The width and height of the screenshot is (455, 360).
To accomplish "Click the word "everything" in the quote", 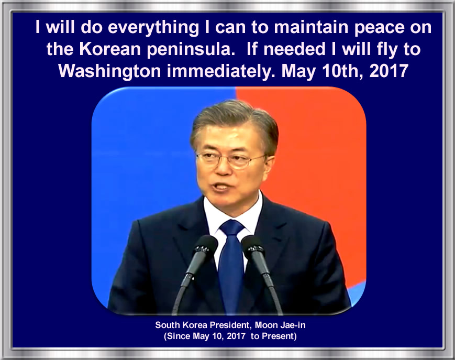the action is (153, 28).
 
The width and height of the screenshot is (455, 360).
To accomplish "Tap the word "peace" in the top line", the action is (379, 28).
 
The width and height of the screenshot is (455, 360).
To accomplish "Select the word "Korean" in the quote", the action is (110, 49).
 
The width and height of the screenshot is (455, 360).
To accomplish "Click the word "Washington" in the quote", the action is (109, 71).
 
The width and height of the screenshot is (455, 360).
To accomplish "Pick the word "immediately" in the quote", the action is (221, 71).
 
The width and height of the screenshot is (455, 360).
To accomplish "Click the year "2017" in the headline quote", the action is (389, 71).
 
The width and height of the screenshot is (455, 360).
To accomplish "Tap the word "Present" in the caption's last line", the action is (279, 336).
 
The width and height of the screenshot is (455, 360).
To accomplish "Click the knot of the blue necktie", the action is (231, 227).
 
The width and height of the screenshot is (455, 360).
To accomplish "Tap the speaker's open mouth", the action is (221, 187).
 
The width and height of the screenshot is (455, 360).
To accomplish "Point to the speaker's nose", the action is (223, 168).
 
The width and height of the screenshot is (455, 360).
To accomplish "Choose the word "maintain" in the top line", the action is (311, 27).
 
